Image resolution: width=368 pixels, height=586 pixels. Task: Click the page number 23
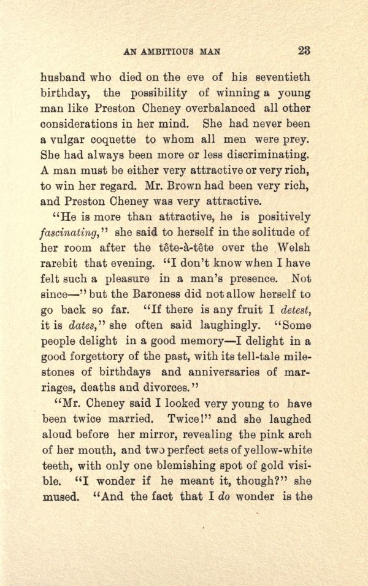(304, 51)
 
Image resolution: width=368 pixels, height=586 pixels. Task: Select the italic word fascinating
(71, 233)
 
